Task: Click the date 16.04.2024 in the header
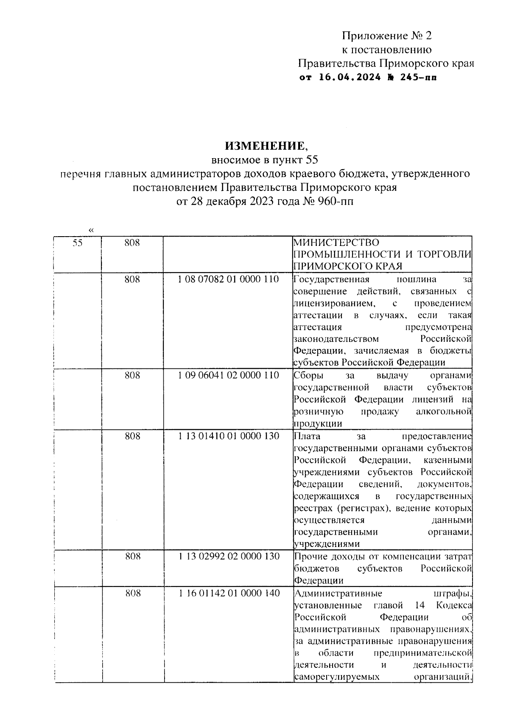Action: point(344,78)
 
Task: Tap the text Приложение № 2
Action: point(387,36)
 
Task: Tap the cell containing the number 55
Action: point(77,243)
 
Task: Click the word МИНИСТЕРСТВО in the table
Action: point(336,243)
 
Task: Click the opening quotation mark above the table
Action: point(91,230)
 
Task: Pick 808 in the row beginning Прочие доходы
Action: point(132,556)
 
